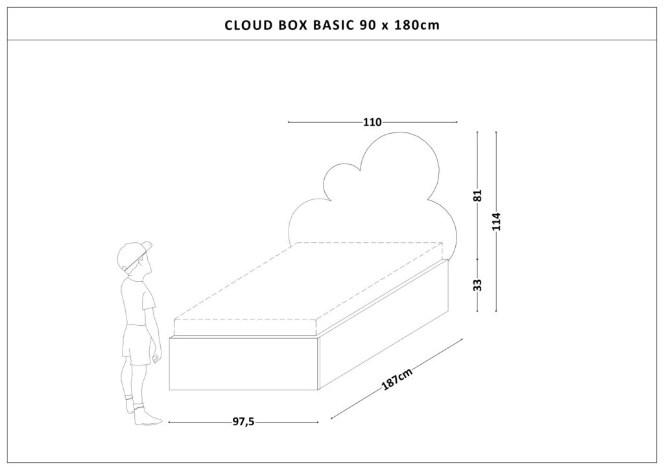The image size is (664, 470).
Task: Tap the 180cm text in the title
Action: click(x=417, y=25)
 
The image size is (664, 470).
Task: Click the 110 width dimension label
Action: click(x=372, y=123)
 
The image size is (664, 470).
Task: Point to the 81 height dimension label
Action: click(x=478, y=195)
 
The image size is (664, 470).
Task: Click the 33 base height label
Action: click(x=478, y=285)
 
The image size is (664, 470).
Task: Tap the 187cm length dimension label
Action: click(x=396, y=379)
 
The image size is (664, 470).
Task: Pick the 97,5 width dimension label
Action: click(x=244, y=422)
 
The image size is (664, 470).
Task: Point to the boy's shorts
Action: click(x=136, y=345)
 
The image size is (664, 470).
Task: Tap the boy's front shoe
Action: click(x=147, y=417)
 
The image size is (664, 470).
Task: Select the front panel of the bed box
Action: click(x=244, y=363)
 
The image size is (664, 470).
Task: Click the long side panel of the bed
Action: click(x=384, y=324)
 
